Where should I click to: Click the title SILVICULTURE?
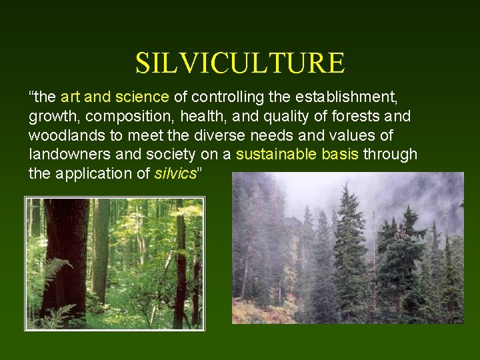240,63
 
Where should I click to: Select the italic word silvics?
175,175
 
